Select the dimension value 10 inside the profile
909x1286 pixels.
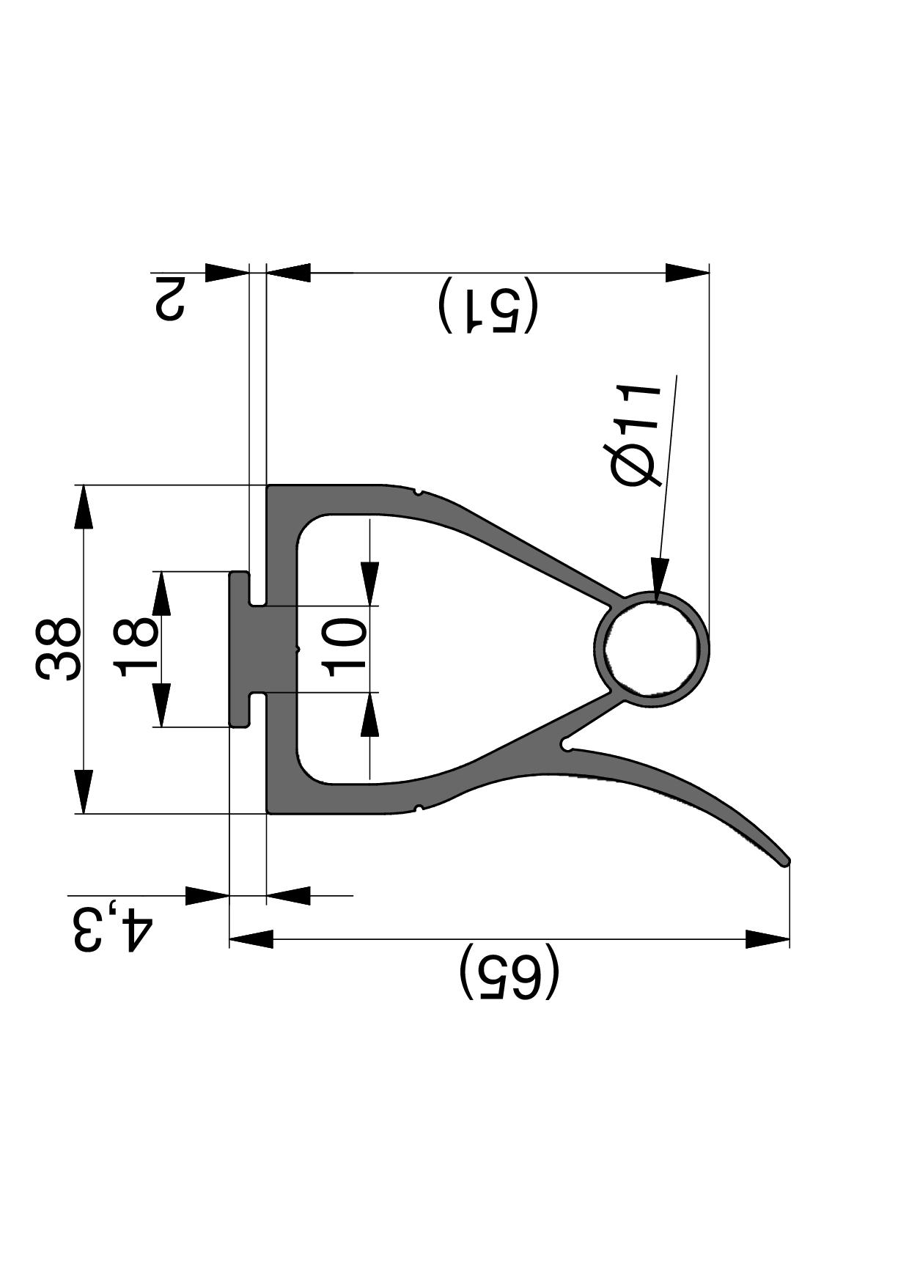345,647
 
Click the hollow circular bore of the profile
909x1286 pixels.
651,648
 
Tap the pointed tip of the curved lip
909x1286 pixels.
786,861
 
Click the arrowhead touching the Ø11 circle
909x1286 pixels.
660,576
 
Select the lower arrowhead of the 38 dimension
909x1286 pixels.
84,792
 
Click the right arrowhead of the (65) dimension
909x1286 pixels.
767,938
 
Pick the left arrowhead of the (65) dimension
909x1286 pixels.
251,938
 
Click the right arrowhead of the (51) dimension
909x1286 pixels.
688,272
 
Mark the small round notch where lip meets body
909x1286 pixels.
565,746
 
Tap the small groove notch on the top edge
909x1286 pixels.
417,492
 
